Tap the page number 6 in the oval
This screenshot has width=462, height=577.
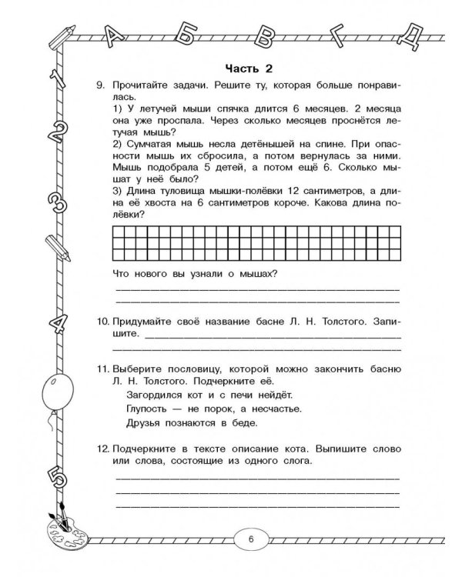click(x=250, y=539)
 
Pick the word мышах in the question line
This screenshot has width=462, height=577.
click(x=254, y=275)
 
